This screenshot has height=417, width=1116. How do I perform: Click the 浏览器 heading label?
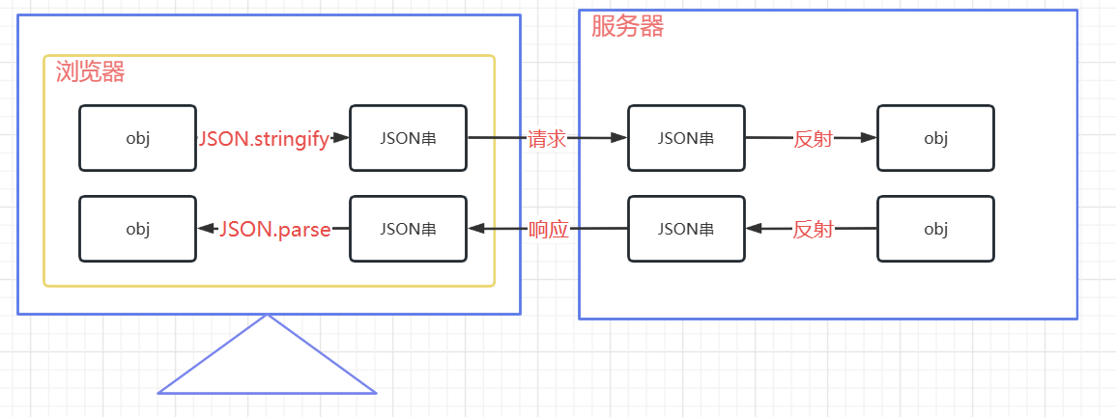[91, 71]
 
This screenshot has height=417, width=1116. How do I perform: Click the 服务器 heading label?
[627, 26]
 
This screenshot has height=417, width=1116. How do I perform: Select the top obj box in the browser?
[137, 138]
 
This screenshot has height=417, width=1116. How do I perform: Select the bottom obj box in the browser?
[137, 229]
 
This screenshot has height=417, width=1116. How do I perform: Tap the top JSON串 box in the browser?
[408, 138]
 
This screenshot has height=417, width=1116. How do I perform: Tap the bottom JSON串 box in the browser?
[408, 229]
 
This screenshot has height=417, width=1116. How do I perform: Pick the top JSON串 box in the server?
[686, 138]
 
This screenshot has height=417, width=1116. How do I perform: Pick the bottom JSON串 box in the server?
[686, 229]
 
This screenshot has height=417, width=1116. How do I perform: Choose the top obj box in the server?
[935, 138]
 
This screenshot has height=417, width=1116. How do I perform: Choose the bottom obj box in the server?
[935, 229]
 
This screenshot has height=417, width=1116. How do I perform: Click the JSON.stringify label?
[264, 138]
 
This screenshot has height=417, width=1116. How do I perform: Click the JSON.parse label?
[275, 230]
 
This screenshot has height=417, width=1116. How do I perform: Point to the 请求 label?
[547, 139]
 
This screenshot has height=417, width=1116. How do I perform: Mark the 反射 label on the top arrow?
[813, 139]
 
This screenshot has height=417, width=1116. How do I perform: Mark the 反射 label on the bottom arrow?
[813, 230]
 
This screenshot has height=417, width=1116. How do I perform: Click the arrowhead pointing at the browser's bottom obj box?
[206, 229]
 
